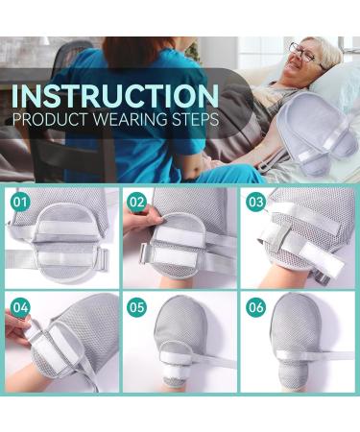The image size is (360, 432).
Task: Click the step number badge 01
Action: point(18,204)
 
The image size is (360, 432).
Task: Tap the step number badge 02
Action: point(136,204)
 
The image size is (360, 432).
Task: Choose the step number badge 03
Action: point(254,204)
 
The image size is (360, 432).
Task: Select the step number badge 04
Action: point(18,308)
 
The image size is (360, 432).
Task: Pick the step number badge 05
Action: point(136,308)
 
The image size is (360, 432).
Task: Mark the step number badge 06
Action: point(254,308)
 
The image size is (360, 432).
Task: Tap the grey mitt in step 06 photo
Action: point(293,331)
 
